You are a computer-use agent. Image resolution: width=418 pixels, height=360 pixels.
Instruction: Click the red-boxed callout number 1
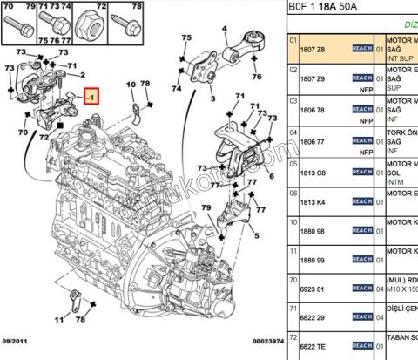(91, 98)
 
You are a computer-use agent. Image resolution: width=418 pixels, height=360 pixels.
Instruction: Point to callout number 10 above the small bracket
(131, 85)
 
